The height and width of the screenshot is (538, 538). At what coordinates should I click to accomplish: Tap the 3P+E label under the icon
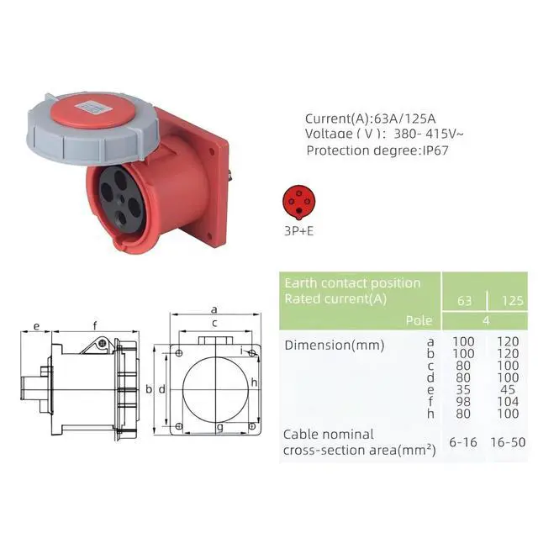(x=299, y=231)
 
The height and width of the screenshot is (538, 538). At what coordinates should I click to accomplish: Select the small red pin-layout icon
(x=299, y=202)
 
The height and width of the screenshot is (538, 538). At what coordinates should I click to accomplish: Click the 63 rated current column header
(x=464, y=301)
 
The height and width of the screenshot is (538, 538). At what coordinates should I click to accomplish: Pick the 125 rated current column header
(x=513, y=301)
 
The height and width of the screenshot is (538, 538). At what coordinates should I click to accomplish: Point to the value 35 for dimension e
(x=463, y=390)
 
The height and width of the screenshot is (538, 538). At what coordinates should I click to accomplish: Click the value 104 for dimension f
(x=508, y=402)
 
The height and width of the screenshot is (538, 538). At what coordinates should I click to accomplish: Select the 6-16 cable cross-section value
(x=463, y=442)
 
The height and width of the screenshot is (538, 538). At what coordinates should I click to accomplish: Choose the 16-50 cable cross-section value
(x=508, y=442)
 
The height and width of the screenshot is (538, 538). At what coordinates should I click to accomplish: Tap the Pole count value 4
(x=486, y=321)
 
